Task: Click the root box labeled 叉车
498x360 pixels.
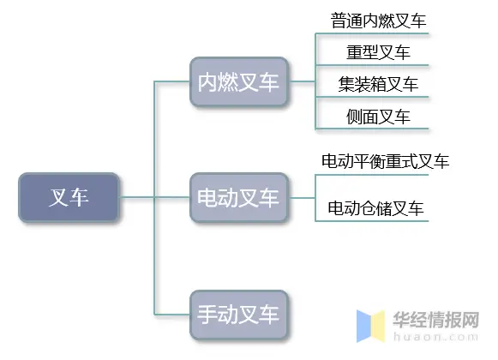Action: (69, 197)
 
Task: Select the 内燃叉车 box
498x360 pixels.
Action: (238, 81)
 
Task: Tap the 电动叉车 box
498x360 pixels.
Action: (238, 197)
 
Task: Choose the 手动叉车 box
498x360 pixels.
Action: (238, 315)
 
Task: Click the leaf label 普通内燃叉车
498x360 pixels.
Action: (378, 21)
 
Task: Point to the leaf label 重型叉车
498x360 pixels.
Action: (378, 52)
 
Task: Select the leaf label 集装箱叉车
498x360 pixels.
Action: (378, 84)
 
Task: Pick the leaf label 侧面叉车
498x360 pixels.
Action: (378, 117)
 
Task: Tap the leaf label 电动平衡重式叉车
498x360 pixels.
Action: (385, 161)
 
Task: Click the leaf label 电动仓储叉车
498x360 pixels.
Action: (375, 208)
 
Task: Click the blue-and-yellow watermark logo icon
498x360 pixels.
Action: (370, 326)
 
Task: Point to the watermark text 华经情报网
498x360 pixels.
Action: (436, 320)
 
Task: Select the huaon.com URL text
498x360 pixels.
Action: (435, 337)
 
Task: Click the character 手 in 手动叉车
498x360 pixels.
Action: (207, 315)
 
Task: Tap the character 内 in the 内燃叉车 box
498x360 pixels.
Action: (207, 82)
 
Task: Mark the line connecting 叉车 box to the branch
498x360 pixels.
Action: (136, 197)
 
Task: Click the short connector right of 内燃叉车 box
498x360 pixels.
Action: (302, 81)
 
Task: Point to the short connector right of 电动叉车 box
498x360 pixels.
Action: (302, 198)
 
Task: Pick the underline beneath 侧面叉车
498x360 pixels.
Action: (372, 129)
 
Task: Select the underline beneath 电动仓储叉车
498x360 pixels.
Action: (372, 221)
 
